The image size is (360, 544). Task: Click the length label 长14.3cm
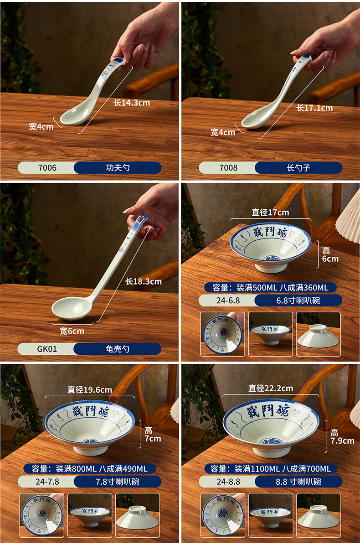click(132, 103)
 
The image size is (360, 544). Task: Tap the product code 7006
click(46, 168)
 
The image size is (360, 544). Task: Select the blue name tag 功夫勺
click(118, 168)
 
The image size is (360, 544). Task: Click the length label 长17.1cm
click(314, 108)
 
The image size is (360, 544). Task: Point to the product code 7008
click(228, 168)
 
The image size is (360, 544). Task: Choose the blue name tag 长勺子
click(298, 168)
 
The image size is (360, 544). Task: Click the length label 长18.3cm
click(144, 281)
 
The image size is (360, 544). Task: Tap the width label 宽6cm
click(72, 331)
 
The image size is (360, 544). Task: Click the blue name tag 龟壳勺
click(118, 349)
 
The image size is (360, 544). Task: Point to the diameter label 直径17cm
click(270, 212)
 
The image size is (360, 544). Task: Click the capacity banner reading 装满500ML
click(271, 287)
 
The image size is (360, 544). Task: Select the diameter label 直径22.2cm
click(271, 389)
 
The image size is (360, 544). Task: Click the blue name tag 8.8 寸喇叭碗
click(298, 482)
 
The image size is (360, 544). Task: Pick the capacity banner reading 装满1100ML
click(271, 469)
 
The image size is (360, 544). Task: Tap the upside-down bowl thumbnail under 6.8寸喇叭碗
click(318, 335)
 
